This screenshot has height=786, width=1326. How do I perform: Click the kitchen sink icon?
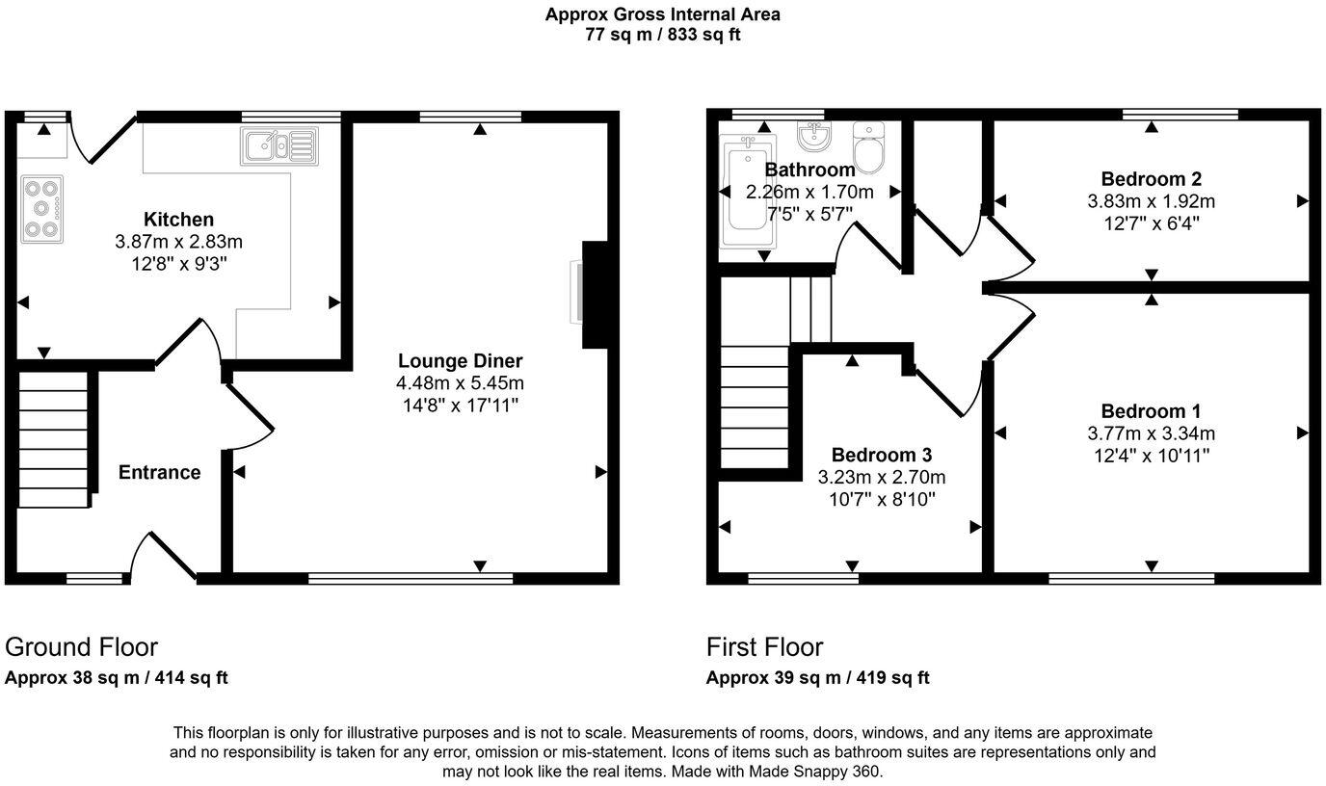(x=278, y=146)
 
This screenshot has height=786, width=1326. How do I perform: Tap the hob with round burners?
(x=41, y=208)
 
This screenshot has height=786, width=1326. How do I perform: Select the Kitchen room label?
(x=178, y=220)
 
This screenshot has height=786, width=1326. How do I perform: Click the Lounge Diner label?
(x=460, y=361)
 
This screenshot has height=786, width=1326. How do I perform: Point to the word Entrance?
(x=159, y=472)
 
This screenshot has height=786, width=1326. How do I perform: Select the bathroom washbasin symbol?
(x=814, y=139)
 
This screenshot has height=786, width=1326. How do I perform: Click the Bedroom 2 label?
(x=1151, y=179)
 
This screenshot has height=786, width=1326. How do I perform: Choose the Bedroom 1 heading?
(x=1151, y=411)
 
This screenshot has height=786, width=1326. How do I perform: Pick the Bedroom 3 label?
(x=881, y=455)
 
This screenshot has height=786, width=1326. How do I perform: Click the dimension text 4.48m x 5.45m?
(x=460, y=383)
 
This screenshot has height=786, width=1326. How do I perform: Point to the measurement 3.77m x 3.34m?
(x=1151, y=433)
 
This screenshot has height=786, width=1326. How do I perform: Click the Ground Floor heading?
(x=81, y=646)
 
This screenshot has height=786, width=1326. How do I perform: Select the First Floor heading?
(x=764, y=646)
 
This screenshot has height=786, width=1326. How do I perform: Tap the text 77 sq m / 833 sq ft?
(x=662, y=35)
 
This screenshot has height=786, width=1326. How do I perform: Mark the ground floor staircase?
(x=54, y=439)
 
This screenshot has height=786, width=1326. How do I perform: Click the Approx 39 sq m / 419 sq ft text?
(x=817, y=677)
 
